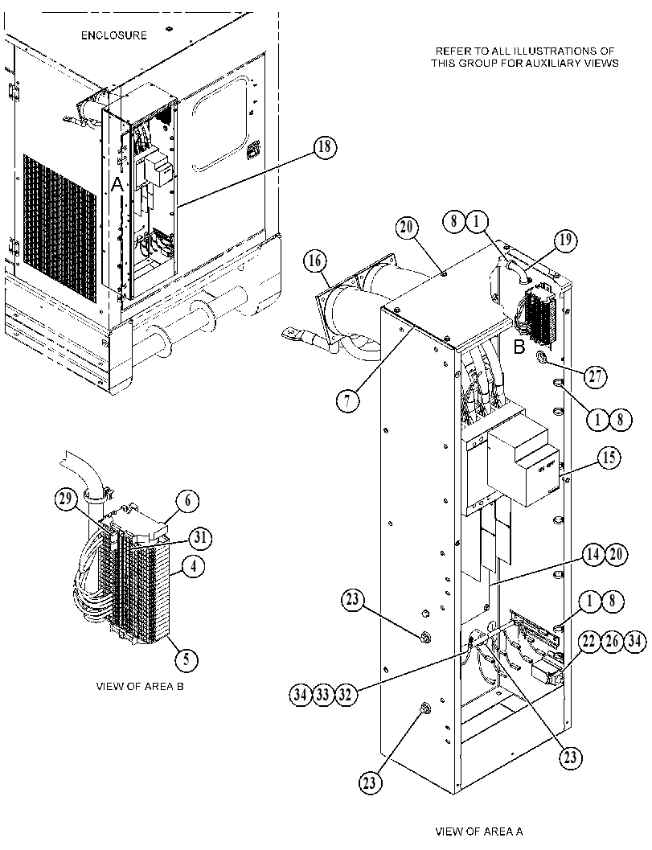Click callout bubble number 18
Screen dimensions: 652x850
[324, 147]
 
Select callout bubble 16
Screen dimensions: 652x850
[315, 261]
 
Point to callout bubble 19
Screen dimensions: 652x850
[565, 240]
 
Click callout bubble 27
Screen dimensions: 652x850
[595, 376]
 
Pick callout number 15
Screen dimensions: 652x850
[609, 458]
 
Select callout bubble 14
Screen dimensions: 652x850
[594, 554]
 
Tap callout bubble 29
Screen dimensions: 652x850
[66, 500]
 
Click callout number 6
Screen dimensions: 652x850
[187, 500]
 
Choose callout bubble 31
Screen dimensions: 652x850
[200, 538]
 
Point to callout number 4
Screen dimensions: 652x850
[194, 567]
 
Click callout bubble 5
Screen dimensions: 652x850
[187, 659]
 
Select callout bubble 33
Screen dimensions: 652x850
[323, 695]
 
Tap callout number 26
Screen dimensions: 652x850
[611, 642]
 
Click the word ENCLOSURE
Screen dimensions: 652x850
[114, 35]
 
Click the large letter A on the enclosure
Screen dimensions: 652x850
[118, 186]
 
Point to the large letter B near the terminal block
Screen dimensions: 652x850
[519, 347]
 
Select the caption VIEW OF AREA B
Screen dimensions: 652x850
[140, 686]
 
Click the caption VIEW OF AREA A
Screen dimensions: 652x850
[479, 832]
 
